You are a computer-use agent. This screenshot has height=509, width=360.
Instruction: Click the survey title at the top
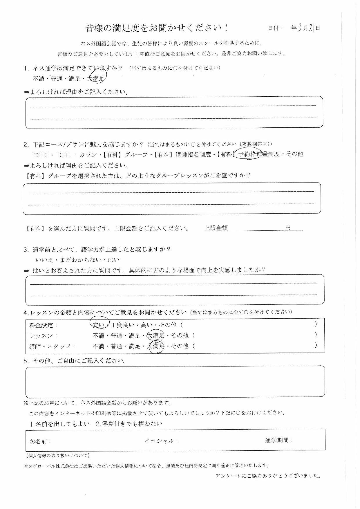[157, 28]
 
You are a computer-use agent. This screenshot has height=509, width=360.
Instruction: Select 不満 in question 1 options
[38, 79]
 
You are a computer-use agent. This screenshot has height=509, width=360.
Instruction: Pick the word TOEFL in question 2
[64, 155]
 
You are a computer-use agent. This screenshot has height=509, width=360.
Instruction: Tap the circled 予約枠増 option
[249, 154]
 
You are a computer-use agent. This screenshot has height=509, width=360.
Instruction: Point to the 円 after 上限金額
[287, 228]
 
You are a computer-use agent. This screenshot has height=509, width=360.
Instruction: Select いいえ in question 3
[44, 260]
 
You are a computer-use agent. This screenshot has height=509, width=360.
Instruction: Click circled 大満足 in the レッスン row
[155, 336]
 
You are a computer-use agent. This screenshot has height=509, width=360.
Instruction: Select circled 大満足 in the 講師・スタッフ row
[155, 346]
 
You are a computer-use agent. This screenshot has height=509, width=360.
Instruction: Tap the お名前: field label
[40, 441]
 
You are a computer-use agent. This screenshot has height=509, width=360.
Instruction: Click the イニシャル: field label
[161, 441]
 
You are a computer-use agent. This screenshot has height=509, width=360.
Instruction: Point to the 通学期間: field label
[279, 440]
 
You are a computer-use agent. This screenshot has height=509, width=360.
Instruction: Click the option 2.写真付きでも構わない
[129, 424]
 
